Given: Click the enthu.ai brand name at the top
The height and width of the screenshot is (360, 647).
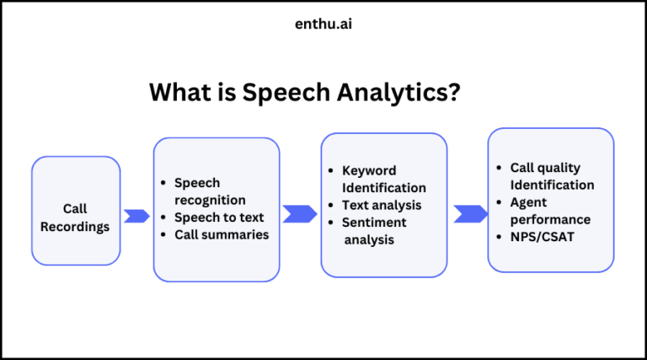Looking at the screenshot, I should tap(323, 24).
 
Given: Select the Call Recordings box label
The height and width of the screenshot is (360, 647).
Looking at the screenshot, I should tap(75, 218).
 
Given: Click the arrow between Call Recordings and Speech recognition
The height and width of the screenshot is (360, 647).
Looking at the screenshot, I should tap(136, 216).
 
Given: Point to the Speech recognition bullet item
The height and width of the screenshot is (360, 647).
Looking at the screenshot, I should tap(210, 191).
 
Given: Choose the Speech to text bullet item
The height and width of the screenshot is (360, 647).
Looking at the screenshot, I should tap(219, 218).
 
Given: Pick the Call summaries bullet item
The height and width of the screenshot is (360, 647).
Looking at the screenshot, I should tap(222, 234).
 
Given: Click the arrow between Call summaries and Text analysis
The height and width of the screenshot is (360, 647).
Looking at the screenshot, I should tap(299, 213).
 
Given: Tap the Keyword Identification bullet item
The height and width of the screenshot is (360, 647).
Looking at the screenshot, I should tap(383, 179).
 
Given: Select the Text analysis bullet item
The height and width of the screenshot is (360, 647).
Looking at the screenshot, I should tap(382, 205).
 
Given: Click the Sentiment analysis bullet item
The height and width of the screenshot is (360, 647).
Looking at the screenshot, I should tap(375, 231).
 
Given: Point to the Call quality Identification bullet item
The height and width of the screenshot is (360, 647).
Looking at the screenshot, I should tap(552, 176).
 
